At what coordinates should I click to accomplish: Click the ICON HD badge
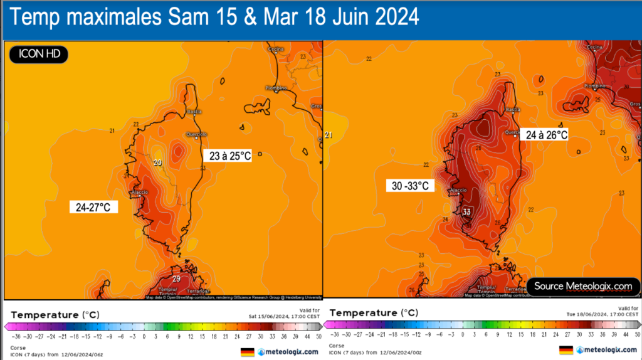tap(38, 55)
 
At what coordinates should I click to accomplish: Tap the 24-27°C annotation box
tap(94, 207)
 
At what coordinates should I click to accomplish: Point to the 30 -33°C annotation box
tap(410, 186)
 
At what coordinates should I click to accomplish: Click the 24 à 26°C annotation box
tap(546, 134)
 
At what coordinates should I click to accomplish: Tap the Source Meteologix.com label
tap(582, 286)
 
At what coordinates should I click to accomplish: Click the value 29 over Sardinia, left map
tap(177, 279)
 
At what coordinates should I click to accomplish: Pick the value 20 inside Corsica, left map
tap(157, 163)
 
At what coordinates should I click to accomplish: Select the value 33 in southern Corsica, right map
tap(466, 212)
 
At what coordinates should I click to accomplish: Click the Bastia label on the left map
tap(194, 112)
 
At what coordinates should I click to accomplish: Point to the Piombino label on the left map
tap(276, 87)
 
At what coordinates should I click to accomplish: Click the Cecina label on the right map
tap(594, 48)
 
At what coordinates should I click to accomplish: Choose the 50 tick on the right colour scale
tap(636, 334)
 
